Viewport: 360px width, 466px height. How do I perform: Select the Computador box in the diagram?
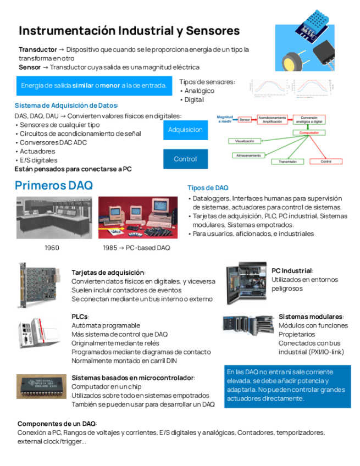[x=309, y=132]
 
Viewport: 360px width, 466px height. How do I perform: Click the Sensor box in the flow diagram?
[x=245, y=119]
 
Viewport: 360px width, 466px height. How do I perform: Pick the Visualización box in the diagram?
[x=245, y=141]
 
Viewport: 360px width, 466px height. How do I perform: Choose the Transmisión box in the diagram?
[x=288, y=162]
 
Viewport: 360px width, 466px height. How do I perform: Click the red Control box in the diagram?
[x=325, y=162]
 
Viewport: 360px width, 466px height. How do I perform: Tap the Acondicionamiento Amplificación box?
[x=273, y=119]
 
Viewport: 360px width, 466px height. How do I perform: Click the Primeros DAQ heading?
[x=54, y=185]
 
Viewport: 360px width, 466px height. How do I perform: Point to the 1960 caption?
[x=52, y=248]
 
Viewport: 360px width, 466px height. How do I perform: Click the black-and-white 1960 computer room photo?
[x=50, y=218]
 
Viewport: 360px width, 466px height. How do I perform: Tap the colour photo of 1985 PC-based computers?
[x=134, y=218]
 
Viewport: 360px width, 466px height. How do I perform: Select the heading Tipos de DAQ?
[x=208, y=188]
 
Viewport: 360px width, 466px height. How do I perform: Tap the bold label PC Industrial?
[x=292, y=270]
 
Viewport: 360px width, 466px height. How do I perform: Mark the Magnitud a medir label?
[x=225, y=119]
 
